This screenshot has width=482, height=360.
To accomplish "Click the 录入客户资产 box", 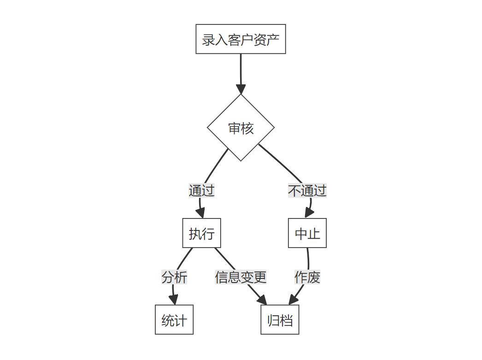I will [x=241, y=39].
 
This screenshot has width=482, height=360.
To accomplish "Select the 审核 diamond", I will [x=241, y=128].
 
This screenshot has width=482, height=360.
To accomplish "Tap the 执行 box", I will [x=201, y=233].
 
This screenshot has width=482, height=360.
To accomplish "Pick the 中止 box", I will [x=307, y=233].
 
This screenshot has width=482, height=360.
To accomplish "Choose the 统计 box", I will [x=174, y=320].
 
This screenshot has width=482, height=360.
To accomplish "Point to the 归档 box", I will [x=280, y=320].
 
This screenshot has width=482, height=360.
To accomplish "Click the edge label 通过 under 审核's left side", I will [x=201, y=190].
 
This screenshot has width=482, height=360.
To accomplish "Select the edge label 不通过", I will [x=307, y=190].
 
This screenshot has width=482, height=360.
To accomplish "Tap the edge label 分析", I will [x=174, y=277].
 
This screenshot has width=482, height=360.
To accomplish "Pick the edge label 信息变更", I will [x=241, y=277].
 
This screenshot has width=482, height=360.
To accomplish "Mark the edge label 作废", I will [x=307, y=277].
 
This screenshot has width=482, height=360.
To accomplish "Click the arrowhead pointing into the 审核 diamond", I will [x=241, y=89].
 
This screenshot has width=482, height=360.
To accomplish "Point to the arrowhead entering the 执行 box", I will [x=200, y=213].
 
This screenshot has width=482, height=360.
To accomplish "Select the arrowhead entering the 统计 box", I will [x=174, y=300].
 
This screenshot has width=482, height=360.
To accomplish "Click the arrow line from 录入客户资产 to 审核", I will [x=241, y=69].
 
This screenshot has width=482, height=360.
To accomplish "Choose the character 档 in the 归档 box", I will [x=287, y=320].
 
